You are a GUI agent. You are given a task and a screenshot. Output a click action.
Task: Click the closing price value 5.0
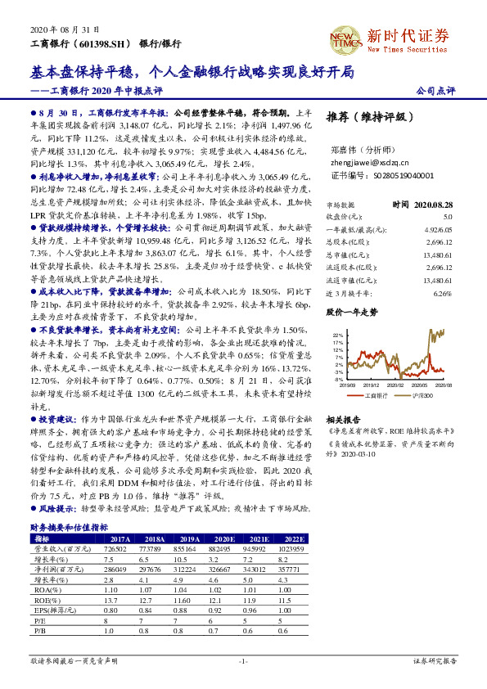(x=447, y=217)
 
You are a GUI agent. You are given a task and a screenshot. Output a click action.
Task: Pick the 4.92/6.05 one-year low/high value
(x=439, y=230)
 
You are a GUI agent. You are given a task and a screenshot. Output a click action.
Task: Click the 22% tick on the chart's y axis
(x=338, y=335)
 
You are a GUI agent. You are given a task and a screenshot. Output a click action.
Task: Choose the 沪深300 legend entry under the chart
(x=417, y=395)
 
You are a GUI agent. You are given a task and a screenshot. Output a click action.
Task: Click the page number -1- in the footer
(x=242, y=660)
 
